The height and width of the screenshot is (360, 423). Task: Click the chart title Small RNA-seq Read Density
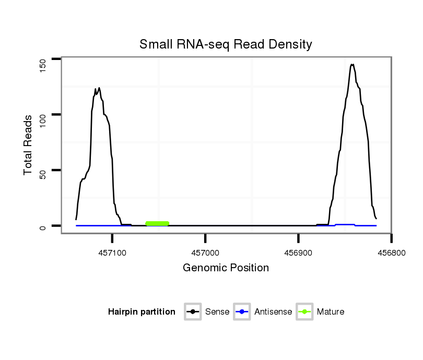click(226, 44)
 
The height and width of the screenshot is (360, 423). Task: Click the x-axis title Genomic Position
click(226, 268)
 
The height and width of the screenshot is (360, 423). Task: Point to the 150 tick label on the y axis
click(44, 65)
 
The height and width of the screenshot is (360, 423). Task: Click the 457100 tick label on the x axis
click(112, 252)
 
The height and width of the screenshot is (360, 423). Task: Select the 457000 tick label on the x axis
click(205, 252)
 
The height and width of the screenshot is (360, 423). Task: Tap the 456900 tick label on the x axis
click(298, 252)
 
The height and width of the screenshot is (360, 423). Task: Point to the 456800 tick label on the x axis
click(391, 252)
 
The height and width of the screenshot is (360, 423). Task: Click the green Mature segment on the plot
click(157, 223)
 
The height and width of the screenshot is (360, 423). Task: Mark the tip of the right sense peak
click(352, 65)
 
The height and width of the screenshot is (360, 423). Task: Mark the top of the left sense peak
click(99, 88)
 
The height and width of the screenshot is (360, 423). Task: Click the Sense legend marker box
click(193, 312)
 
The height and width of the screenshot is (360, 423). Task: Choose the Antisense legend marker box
click(242, 312)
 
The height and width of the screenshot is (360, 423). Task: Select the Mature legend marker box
click(304, 312)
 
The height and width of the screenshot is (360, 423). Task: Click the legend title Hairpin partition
click(142, 312)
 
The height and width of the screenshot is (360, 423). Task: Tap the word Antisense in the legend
click(273, 312)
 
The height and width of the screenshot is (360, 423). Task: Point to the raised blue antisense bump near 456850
click(345, 224)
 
